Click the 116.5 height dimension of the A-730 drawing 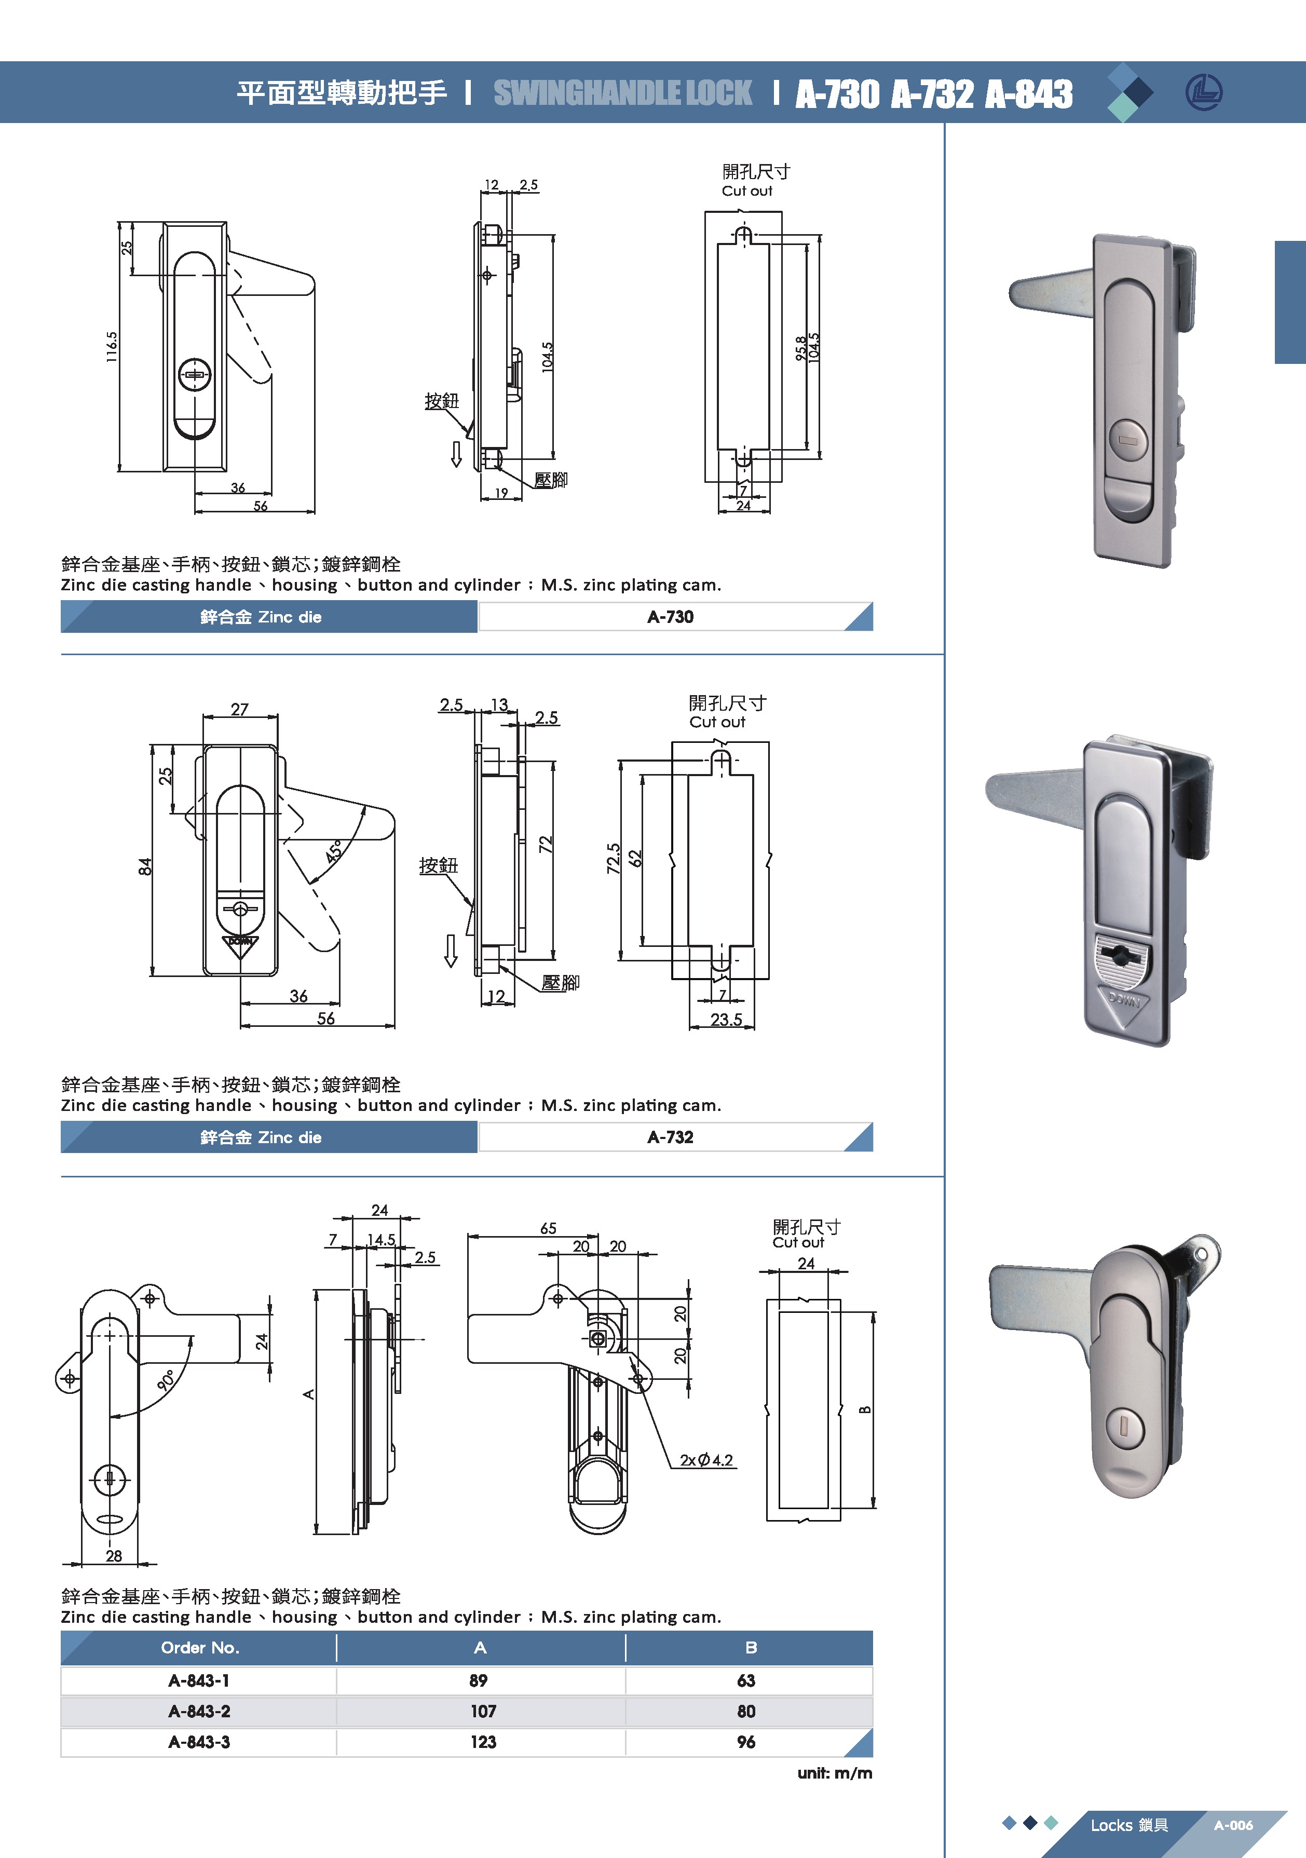112,346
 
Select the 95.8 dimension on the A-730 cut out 800,348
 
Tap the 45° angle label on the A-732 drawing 334,850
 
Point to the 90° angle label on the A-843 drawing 167,1380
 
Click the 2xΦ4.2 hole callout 705,1460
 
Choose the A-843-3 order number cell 199,1742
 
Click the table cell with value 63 745,1681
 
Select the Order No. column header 200,1648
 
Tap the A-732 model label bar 670,1137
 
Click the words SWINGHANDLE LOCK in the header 622,93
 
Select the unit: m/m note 834,1773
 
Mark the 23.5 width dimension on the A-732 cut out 726,1020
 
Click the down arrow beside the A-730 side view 456,454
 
